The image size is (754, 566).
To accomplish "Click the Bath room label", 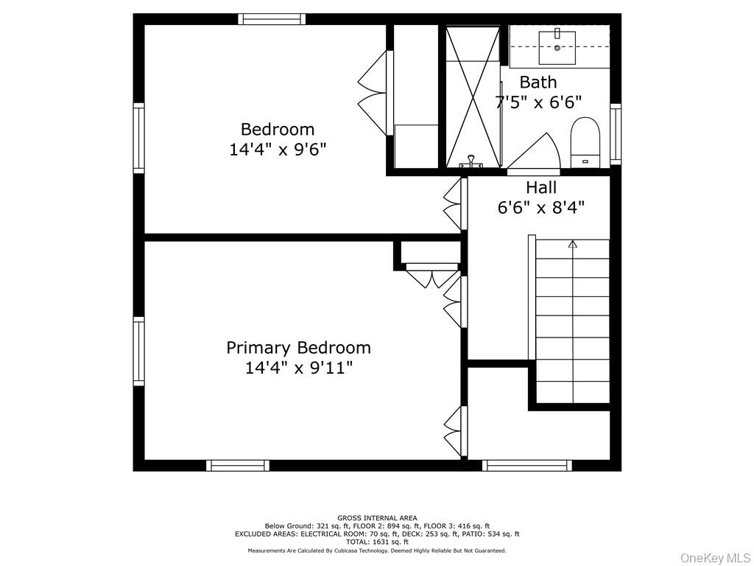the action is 538,83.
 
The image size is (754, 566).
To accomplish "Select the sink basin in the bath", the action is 557,48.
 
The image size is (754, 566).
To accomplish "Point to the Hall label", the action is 541,186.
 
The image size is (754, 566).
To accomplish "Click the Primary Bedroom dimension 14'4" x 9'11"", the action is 299,368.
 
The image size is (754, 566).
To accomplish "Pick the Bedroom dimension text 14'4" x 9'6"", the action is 278,150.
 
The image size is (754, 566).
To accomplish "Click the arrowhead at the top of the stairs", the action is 572,244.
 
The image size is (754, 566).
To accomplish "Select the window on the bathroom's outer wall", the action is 616,134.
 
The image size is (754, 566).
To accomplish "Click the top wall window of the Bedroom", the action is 272,18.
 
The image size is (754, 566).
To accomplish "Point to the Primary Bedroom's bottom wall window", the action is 238,466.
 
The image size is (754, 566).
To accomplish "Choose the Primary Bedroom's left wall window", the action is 138,352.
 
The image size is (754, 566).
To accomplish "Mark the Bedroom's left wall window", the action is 138,138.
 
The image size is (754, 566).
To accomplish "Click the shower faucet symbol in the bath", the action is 472,161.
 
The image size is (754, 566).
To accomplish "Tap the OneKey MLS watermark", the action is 716,558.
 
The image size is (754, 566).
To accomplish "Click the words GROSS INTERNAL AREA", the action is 377,518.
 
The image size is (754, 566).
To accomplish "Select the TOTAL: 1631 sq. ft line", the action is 377,542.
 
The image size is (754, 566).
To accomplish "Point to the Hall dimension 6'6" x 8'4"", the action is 541,207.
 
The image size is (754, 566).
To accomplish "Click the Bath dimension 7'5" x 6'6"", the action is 538,102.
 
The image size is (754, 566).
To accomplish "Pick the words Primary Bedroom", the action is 299,348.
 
